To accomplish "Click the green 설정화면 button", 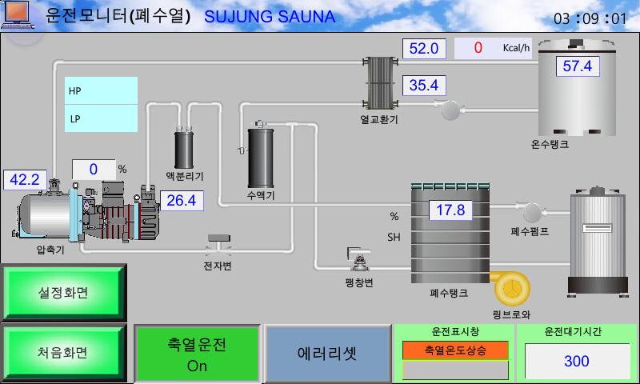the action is coord(63,292).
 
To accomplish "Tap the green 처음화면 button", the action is coord(63,352).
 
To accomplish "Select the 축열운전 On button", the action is coord(197,354).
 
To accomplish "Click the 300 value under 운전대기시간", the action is coord(577,361).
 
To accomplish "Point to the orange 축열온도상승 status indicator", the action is coord(455,350).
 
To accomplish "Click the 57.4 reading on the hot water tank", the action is coord(577,66).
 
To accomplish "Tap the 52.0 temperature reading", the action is coord(424,49).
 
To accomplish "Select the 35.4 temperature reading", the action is coord(424,86).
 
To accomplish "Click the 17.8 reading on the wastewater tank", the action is coord(450,210).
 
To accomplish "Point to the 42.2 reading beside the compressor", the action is coord(25,179).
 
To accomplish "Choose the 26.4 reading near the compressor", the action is coord(182,200).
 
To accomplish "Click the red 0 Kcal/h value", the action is coord(478,48).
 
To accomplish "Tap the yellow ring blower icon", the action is coord(511,288).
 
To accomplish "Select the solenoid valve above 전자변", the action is coord(218,244).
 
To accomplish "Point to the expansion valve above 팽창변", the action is coord(358,259).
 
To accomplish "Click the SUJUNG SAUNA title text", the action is coord(270,17).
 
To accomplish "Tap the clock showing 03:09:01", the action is coord(590,18).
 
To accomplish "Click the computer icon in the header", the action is coord(17,14).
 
